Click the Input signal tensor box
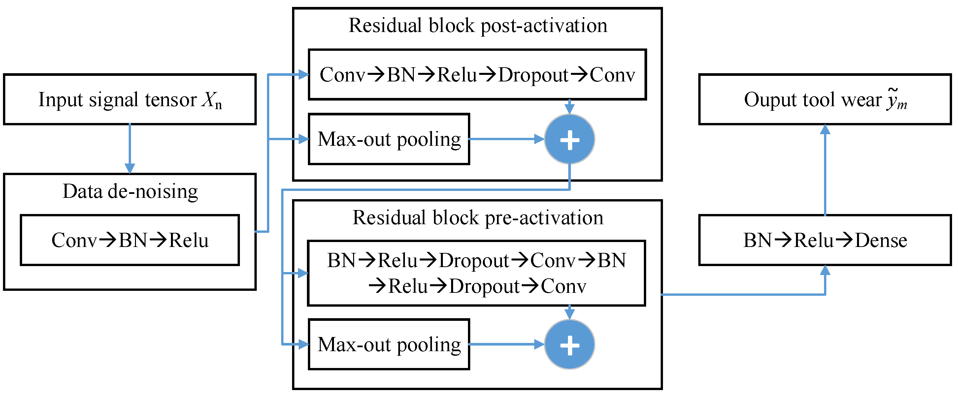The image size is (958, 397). [x=129, y=99]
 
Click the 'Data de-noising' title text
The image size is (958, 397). [x=130, y=192]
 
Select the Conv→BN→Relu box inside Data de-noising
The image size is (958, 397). [x=130, y=240]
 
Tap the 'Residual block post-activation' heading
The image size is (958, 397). [x=478, y=26]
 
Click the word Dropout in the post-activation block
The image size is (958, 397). [x=533, y=75]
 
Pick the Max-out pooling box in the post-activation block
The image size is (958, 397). [x=389, y=139]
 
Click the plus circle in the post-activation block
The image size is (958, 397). [x=569, y=139]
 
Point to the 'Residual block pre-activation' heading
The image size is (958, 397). [x=478, y=218]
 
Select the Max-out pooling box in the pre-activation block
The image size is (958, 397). [x=389, y=345]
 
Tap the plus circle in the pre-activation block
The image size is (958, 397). [x=569, y=345]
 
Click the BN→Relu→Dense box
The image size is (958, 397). [x=825, y=240]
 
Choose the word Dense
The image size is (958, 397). [x=881, y=240]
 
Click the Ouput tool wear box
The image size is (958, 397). [x=825, y=99]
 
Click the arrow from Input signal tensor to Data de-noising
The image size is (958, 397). [x=129, y=149]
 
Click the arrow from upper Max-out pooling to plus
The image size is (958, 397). [x=506, y=139]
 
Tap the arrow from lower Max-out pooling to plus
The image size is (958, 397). [x=506, y=344]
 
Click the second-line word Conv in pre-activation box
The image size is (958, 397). [x=563, y=287]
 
